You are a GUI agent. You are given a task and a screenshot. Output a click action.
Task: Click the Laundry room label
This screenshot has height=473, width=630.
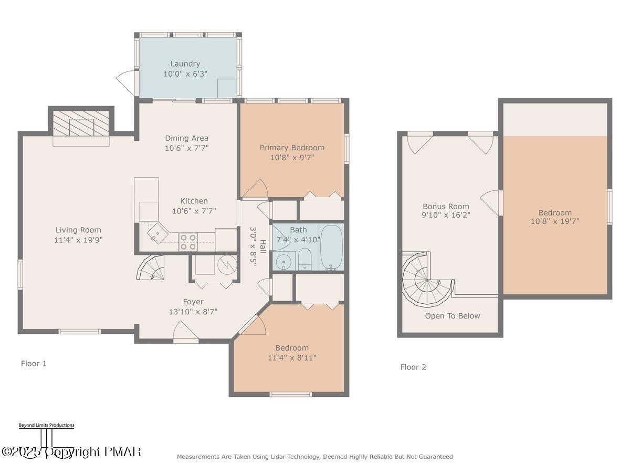coord(185,64)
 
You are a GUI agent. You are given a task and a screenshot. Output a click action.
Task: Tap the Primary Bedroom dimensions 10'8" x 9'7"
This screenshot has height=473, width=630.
coord(292,157)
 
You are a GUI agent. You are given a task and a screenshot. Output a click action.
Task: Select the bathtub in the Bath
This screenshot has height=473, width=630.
coord(331,247)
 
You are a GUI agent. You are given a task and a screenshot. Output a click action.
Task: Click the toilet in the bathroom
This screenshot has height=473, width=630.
coord(305,260)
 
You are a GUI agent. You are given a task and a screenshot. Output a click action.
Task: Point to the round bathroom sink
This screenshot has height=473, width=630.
coord(284,261)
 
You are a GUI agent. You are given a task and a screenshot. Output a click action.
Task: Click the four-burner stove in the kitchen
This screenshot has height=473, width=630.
coord(188,242)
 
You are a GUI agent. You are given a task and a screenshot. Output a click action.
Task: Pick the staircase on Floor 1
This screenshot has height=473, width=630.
coord(150,268)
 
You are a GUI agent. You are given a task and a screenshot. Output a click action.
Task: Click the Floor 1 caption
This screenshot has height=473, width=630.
coord(34,363)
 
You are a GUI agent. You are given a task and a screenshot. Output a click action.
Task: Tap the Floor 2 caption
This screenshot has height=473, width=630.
coord(413,367)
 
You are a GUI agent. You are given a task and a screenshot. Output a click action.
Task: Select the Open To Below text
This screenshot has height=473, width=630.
coord(452,316)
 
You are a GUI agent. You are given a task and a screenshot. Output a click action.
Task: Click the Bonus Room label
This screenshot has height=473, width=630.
coord(446,207)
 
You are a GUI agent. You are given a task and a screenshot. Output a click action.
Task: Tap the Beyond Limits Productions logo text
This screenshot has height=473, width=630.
coord(46,425)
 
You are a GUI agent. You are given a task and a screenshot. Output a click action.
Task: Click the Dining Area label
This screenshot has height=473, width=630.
coord(186,138)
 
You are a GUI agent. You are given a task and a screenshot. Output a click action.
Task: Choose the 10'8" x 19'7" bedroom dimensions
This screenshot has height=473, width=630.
coord(554,221)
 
